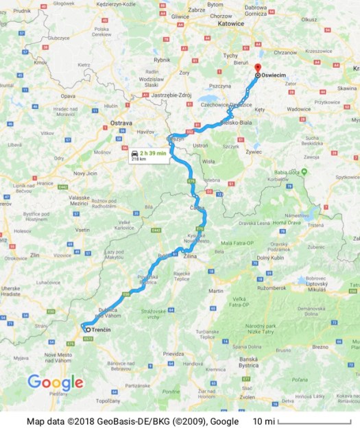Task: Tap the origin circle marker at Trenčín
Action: pyautogui.click(x=87, y=330)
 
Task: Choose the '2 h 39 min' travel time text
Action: pyautogui.click(x=154, y=153)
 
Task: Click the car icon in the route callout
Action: pyautogui.click(x=136, y=153)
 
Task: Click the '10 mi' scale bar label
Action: pyautogui.click(x=263, y=420)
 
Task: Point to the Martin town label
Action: pyautogui.click(x=216, y=291)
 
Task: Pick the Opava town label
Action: pyautogui.click(x=68, y=97)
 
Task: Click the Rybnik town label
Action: pyautogui.click(x=162, y=60)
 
